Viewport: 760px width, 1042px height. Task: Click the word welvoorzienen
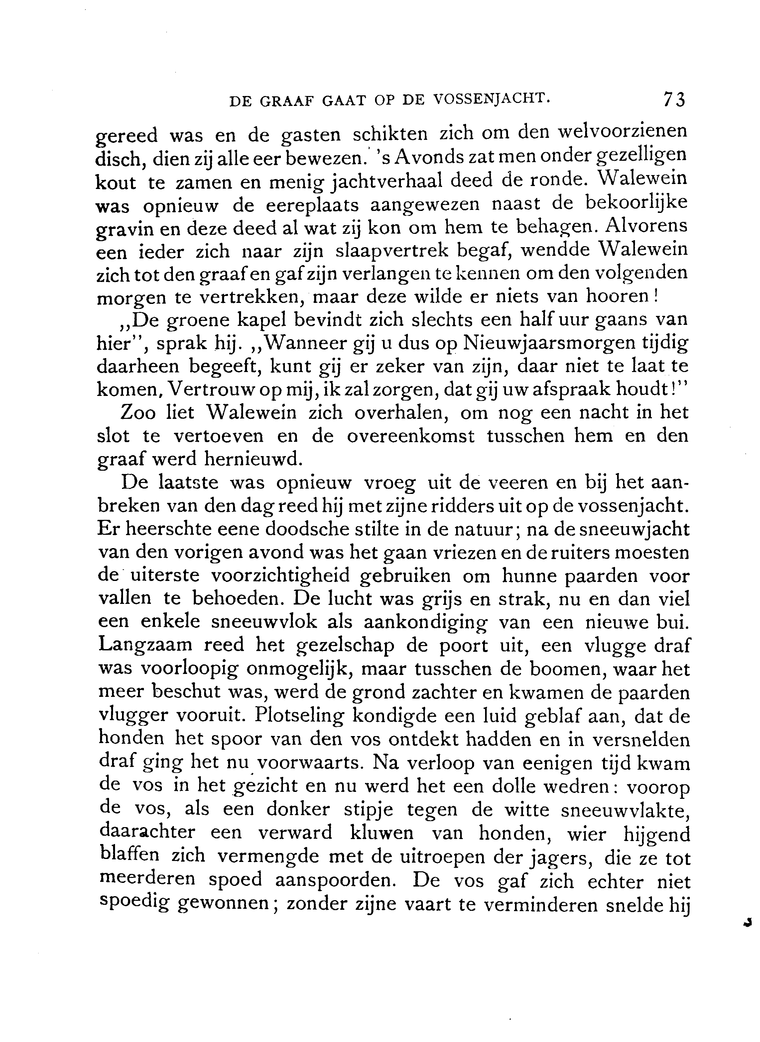[x=622, y=133]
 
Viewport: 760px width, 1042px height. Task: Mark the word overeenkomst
[x=410, y=436]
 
